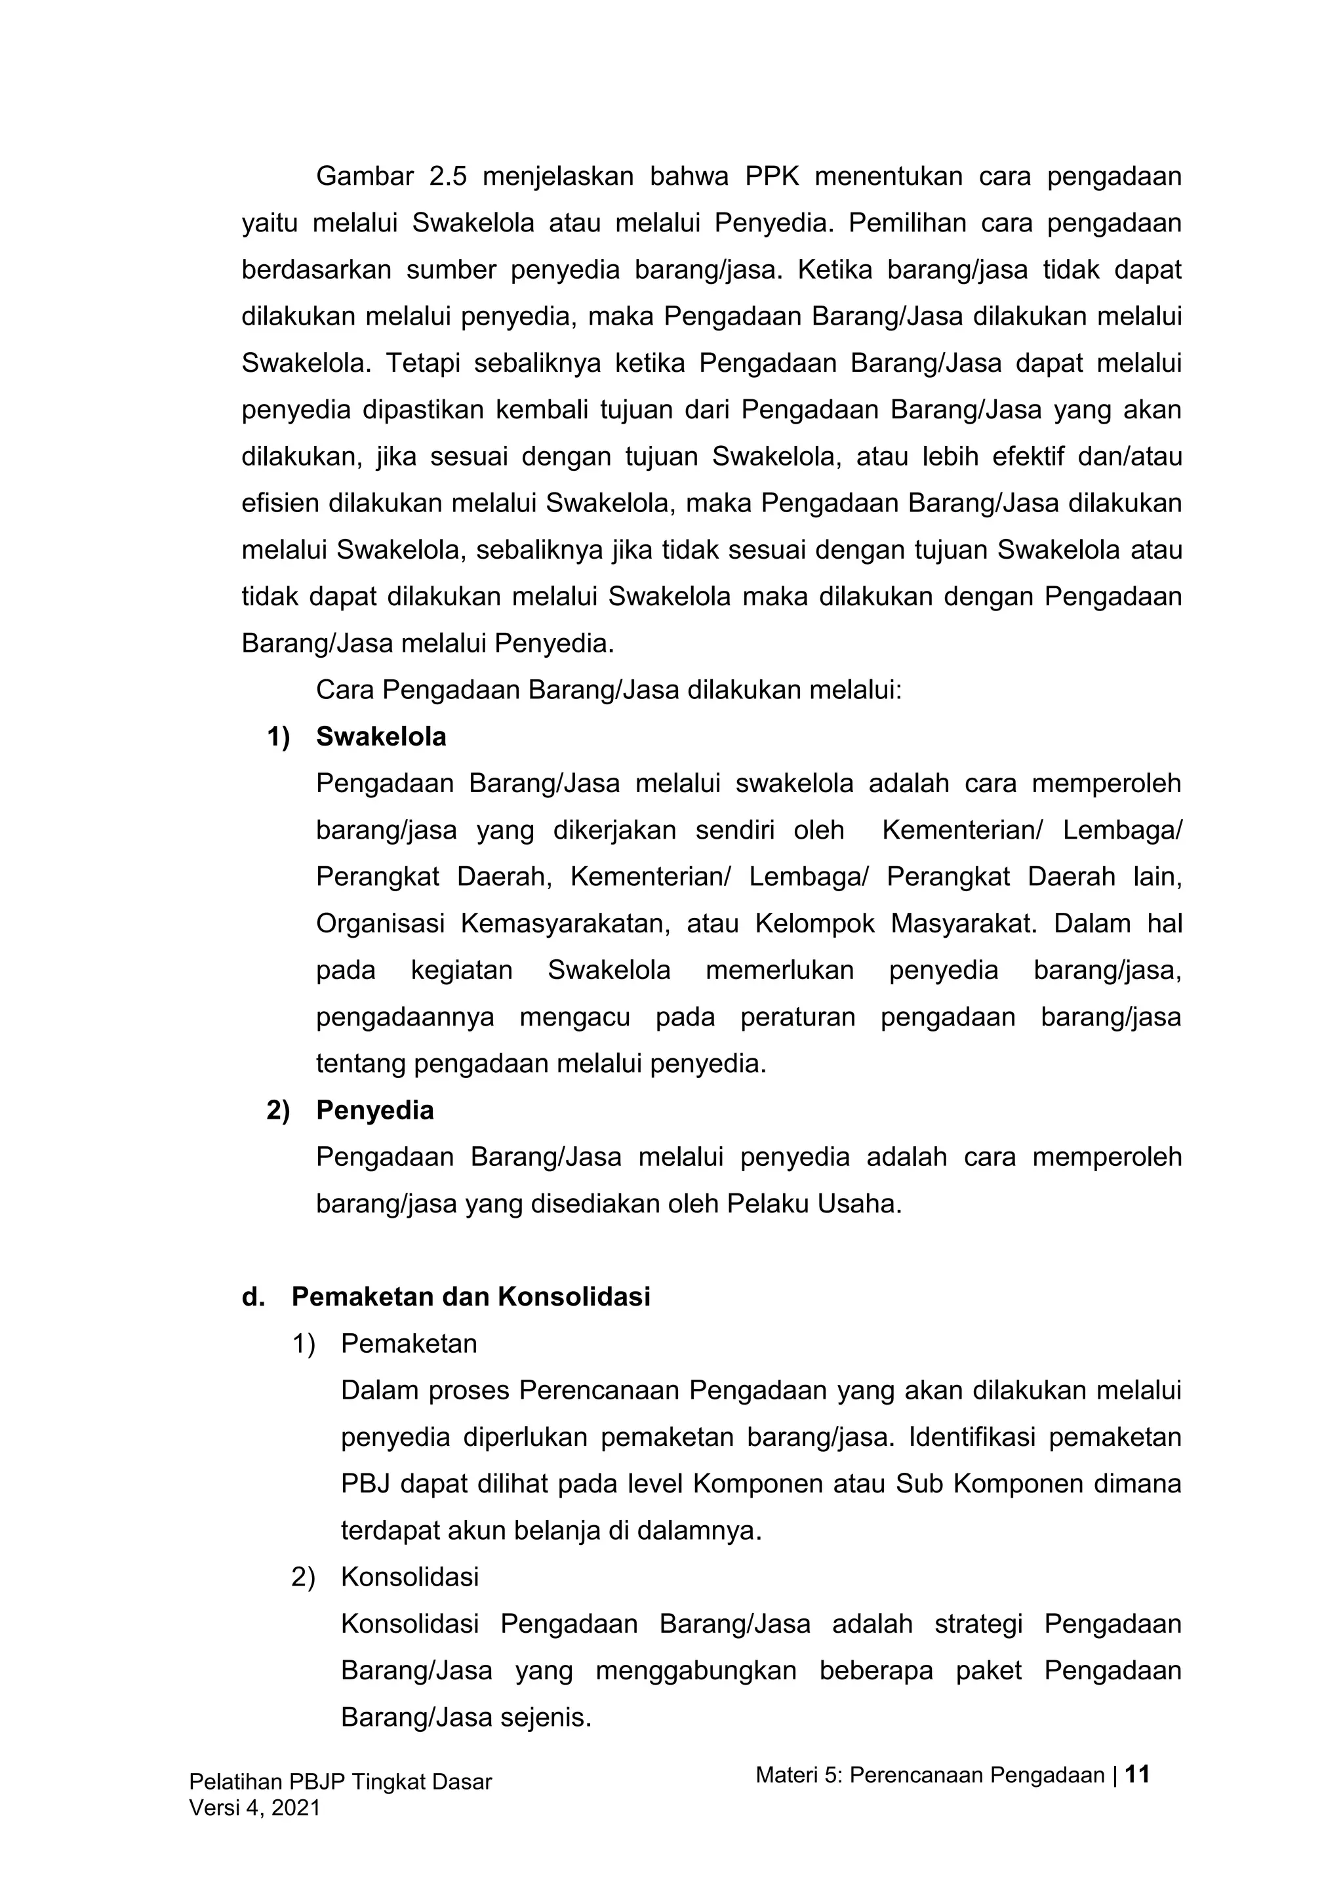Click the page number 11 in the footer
(1138, 1774)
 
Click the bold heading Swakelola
(380, 737)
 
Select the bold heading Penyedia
(374, 1110)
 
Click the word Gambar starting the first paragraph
(364, 177)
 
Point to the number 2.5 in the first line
(449, 177)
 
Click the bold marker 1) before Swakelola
(278, 737)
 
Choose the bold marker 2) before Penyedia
(278, 1110)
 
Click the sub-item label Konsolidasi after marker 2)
(409, 1576)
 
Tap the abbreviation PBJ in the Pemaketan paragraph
(364, 1484)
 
